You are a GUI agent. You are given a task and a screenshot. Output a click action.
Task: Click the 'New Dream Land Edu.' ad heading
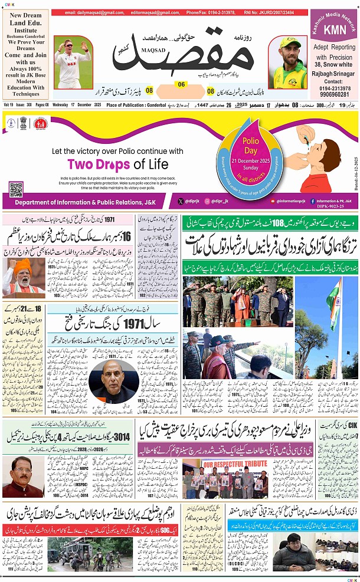25,21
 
